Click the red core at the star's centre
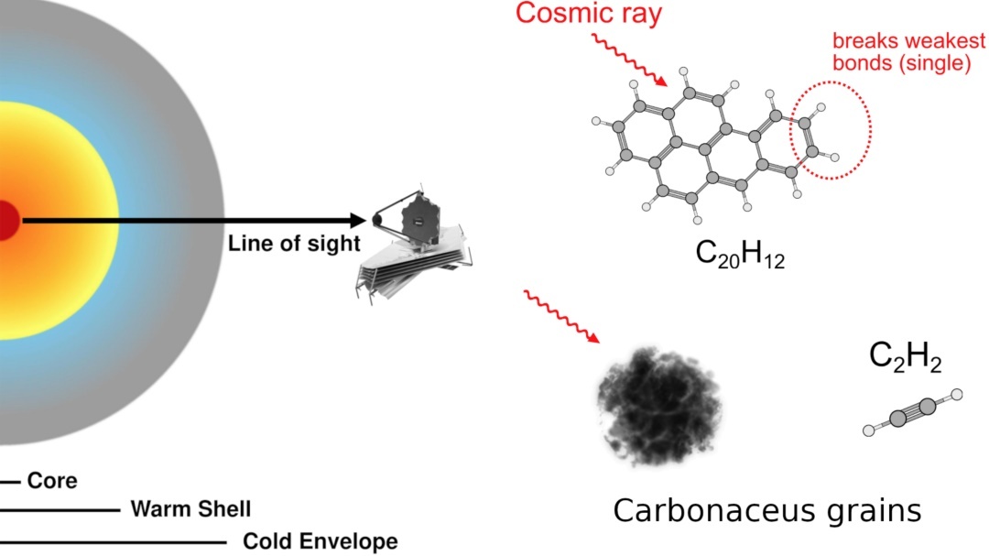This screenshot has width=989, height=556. pos(7,221)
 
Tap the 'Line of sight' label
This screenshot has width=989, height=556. pos(293,245)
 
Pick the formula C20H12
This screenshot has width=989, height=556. pos(740,256)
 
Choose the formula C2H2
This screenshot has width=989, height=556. pos(905,357)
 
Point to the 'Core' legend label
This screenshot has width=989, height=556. pos(52,481)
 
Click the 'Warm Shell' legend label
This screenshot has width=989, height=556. pos(190,508)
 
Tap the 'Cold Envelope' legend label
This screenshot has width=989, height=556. pos(320,541)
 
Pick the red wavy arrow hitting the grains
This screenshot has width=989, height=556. pos(561,316)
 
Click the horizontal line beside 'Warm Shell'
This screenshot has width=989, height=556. pos(60,509)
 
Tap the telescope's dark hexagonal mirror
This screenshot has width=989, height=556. pos(417,220)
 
